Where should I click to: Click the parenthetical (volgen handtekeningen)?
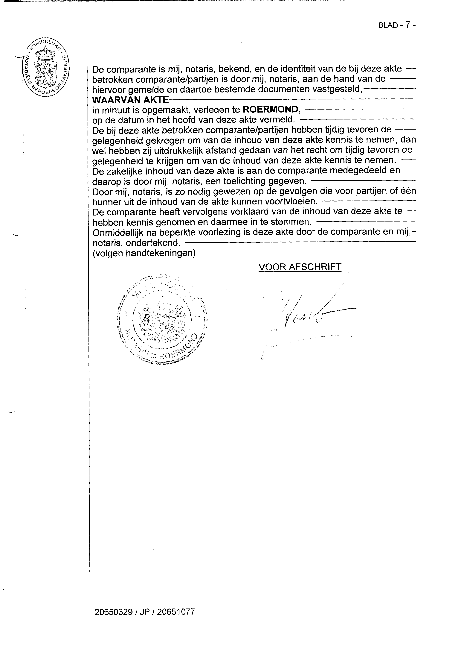tap(144, 254)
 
